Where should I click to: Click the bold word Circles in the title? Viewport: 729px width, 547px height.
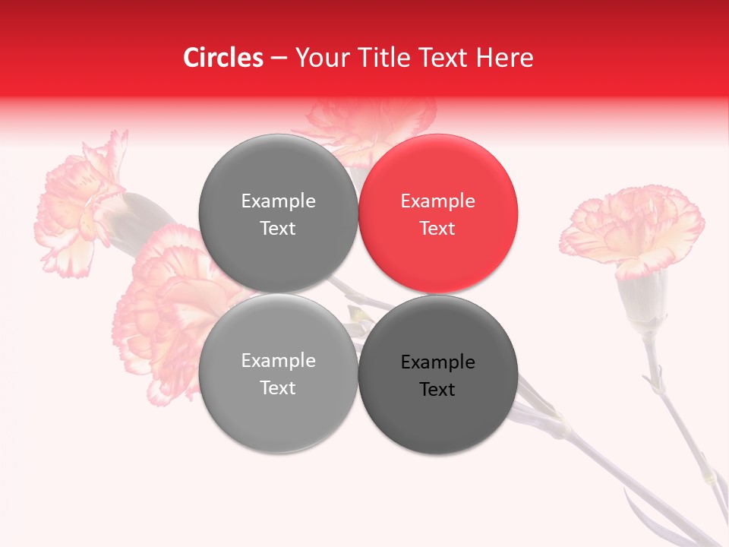click(x=223, y=58)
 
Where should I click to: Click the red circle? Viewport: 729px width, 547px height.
click(x=438, y=213)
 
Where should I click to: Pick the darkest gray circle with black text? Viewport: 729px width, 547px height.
click(x=438, y=375)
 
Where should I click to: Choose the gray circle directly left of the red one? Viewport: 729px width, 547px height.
click(x=278, y=213)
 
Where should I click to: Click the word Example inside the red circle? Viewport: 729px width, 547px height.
click(x=438, y=201)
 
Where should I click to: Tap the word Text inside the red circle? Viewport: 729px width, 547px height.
click(x=438, y=228)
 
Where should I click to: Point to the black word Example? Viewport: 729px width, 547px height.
click(x=438, y=362)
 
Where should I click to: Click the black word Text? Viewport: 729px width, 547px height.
click(x=438, y=389)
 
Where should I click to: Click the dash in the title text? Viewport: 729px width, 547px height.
click(x=279, y=58)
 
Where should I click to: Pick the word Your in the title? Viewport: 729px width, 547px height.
click(x=320, y=58)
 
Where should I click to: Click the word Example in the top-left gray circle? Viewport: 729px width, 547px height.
click(x=278, y=201)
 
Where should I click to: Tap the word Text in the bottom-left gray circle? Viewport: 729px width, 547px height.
click(x=278, y=387)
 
